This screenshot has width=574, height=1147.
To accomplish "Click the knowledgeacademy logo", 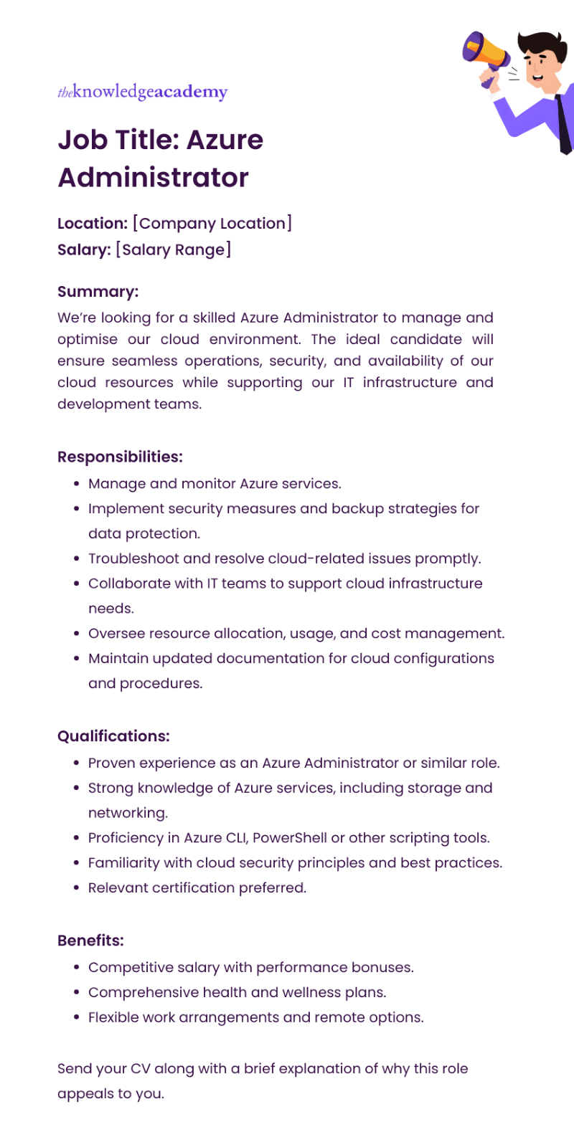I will (x=142, y=92).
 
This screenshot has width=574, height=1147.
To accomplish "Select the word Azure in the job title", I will (x=225, y=140).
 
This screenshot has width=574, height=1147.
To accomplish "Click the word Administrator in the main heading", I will (x=153, y=178).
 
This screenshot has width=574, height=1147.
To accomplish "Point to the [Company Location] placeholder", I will (x=212, y=224).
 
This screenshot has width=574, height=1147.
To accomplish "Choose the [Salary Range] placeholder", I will (x=173, y=250).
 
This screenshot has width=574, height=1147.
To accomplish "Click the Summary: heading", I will (x=98, y=292).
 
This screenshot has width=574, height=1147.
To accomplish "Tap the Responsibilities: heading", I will (x=120, y=457).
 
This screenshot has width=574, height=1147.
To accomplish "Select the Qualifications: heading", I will (x=113, y=736).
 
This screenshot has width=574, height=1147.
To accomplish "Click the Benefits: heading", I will (x=90, y=941).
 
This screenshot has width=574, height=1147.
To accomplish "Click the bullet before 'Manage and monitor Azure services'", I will (x=76, y=484).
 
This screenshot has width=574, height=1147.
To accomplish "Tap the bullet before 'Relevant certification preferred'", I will (x=76, y=888).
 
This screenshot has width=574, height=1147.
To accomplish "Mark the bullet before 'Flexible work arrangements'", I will (x=76, y=1018).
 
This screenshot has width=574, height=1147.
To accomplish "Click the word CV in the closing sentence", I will (x=140, y=1069).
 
